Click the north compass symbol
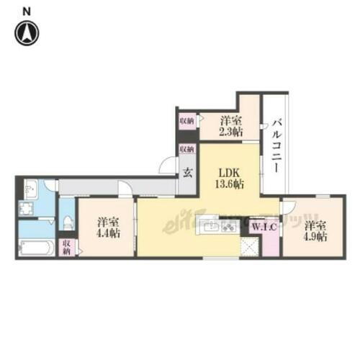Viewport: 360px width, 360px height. tap(27, 32)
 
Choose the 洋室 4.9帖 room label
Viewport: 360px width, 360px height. tap(315, 230)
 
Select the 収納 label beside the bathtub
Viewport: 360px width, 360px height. tap(67, 249)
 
